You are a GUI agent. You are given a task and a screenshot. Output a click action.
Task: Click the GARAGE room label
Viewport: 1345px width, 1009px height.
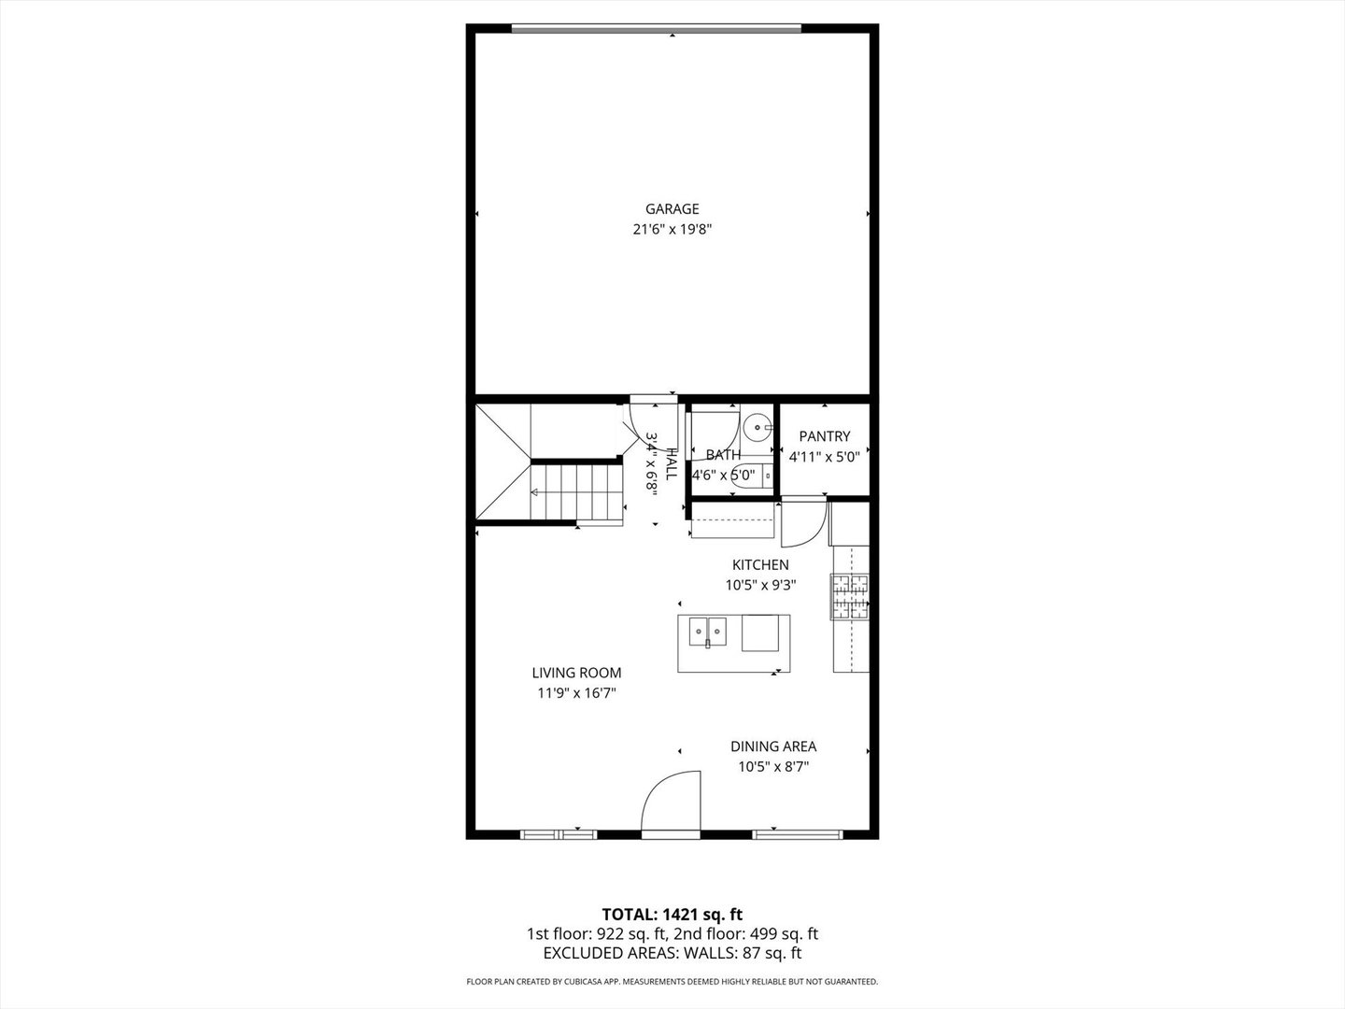pos(672,209)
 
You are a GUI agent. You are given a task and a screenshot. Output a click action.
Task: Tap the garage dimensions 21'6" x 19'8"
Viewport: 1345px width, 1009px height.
pos(672,229)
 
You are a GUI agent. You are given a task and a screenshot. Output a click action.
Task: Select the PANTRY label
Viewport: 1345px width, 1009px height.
pos(825,436)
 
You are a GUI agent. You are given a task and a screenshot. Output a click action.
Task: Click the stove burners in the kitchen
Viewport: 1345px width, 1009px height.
pos(850,596)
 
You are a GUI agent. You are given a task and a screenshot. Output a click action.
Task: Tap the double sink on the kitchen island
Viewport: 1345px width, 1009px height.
pos(708,632)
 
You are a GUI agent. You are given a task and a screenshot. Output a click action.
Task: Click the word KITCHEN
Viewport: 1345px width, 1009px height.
pos(760,565)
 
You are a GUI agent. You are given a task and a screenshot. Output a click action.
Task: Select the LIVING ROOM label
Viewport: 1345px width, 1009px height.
pos(576,673)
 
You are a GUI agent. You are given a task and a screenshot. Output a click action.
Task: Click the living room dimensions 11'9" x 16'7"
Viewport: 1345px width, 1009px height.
pos(576,693)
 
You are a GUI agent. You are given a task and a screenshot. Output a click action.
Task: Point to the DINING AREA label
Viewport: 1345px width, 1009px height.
pos(773,746)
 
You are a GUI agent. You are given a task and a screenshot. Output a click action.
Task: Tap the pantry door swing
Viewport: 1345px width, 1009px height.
pos(802,524)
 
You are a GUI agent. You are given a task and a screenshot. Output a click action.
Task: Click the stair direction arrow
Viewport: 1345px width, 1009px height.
pos(536,491)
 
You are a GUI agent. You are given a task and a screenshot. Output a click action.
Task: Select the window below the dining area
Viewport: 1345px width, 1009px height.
pos(799,833)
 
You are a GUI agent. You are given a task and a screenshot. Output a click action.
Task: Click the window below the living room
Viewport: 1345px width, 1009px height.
pos(558,833)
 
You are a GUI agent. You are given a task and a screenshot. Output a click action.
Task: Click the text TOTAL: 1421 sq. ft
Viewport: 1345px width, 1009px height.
pos(672,914)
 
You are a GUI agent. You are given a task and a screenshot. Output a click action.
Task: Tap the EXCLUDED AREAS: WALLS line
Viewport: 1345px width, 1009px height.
pos(672,953)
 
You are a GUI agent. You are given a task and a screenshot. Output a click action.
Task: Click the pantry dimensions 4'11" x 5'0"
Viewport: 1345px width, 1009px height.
pos(824,457)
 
